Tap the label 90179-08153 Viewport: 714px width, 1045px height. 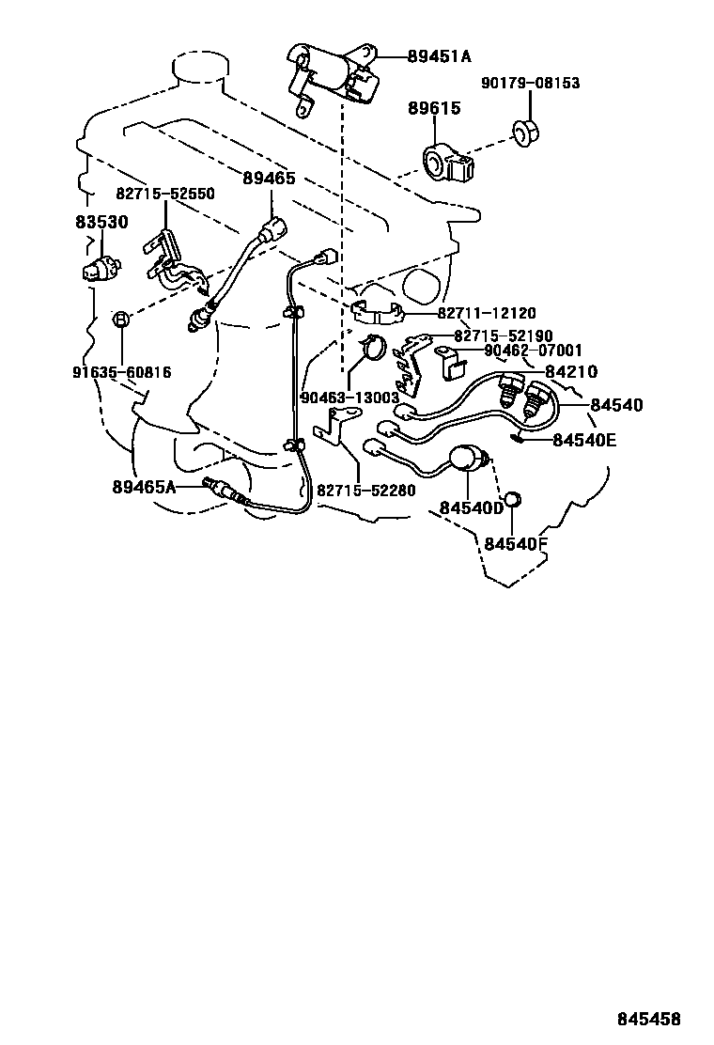coord(531,83)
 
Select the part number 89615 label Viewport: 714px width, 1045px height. coord(434,107)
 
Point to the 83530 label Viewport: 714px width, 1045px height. coord(101,222)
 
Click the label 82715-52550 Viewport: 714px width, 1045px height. coord(165,194)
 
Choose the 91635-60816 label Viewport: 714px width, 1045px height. coord(122,371)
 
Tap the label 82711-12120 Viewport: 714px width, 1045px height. coord(487,313)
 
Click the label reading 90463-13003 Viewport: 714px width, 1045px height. coord(350,398)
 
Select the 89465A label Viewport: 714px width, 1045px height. coord(144,487)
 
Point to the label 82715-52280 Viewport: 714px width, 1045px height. coord(365,491)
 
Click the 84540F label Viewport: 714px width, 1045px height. coord(516,544)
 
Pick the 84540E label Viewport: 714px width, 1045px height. coord(584,440)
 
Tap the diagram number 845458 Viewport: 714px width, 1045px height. coord(649,1019)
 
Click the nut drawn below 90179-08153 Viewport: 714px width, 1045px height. coord(525,133)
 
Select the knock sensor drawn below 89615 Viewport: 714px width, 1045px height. coord(449,162)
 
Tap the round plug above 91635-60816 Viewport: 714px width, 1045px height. coord(120,319)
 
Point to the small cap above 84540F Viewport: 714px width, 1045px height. coord(511,500)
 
